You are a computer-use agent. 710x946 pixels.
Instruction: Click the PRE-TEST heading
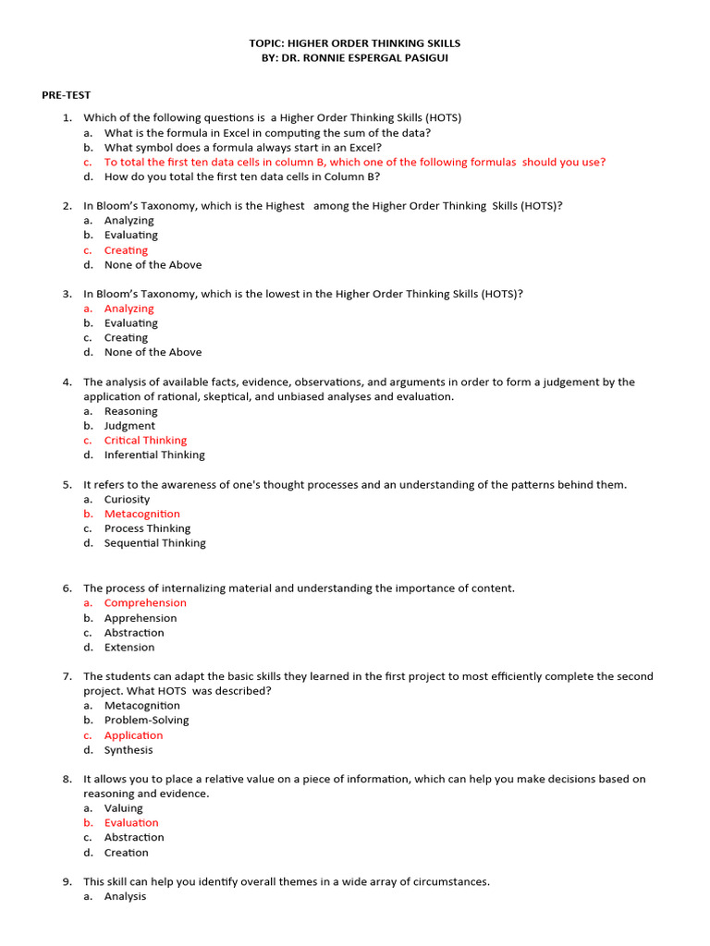click(x=66, y=95)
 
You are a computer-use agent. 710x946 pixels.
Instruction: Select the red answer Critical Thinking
click(x=145, y=441)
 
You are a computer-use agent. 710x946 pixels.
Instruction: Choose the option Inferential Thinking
click(x=154, y=455)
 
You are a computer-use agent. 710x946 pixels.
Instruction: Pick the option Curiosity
click(x=127, y=499)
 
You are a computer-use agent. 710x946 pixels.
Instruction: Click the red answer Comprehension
click(x=145, y=603)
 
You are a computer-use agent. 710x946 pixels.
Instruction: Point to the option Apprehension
click(x=141, y=618)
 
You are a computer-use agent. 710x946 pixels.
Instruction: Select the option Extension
click(x=129, y=648)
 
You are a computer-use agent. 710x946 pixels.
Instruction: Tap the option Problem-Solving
click(x=146, y=720)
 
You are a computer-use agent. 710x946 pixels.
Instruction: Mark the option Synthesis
click(x=129, y=750)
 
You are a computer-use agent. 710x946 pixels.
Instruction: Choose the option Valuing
click(x=123, y=808)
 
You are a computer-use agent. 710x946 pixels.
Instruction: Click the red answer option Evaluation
click(x=131, y=823)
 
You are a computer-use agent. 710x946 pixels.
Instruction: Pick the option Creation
click(x=126, y=853)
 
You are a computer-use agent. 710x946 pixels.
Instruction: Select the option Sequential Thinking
click(x=155, y=543)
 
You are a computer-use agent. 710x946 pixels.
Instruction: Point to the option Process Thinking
click(x=147, y=528)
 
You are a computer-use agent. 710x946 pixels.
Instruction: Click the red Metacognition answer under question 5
click(x=142, y=514)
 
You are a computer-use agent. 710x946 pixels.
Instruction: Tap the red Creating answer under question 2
click(x=126, y=250)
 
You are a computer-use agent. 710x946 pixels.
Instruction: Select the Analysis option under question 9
click(x=125, y=896)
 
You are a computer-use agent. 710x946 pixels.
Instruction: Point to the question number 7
click(x=67, y=676)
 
